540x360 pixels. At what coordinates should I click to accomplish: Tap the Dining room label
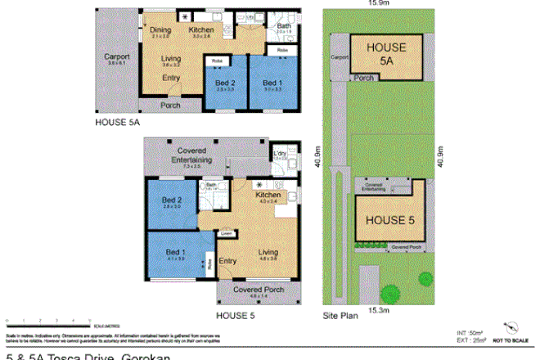point(160,30)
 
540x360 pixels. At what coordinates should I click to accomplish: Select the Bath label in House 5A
point(283,27)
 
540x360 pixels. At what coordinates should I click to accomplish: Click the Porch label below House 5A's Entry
point(170,106)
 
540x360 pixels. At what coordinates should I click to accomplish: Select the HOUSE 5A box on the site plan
point(386,55)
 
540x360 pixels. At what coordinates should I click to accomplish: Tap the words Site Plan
point(340,313)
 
